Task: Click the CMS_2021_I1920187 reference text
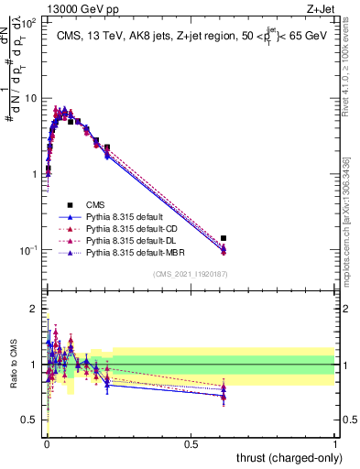190,274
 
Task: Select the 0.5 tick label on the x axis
191,443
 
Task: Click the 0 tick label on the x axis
46,443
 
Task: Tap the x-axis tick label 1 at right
335,443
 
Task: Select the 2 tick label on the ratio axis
33,309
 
